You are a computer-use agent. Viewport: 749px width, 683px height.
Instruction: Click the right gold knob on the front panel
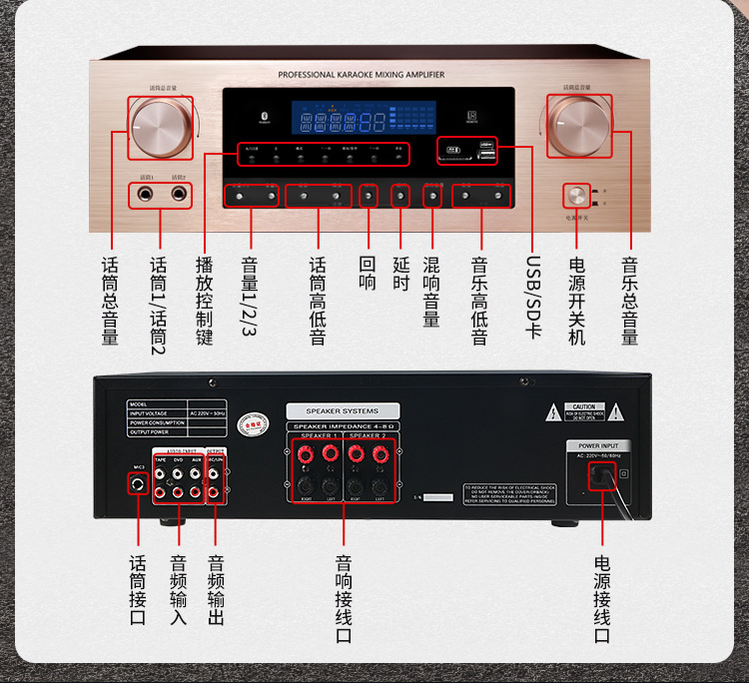(x=579, y=128)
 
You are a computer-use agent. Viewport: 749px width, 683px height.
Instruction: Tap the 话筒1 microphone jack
(x=147, y=194)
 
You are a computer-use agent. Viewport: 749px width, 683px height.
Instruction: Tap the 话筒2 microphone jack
(x=178, y=194)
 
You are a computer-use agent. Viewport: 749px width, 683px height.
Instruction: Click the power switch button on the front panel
(x=576, y=195)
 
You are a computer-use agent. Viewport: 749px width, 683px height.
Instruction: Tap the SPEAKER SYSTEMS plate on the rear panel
(x=343, y=410)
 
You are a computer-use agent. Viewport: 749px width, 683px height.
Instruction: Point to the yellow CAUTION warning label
(x=583, y=411)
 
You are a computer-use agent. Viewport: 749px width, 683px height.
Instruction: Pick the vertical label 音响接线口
(x=343, y=598)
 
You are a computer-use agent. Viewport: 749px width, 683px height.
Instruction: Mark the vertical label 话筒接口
(x=138, y=583)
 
